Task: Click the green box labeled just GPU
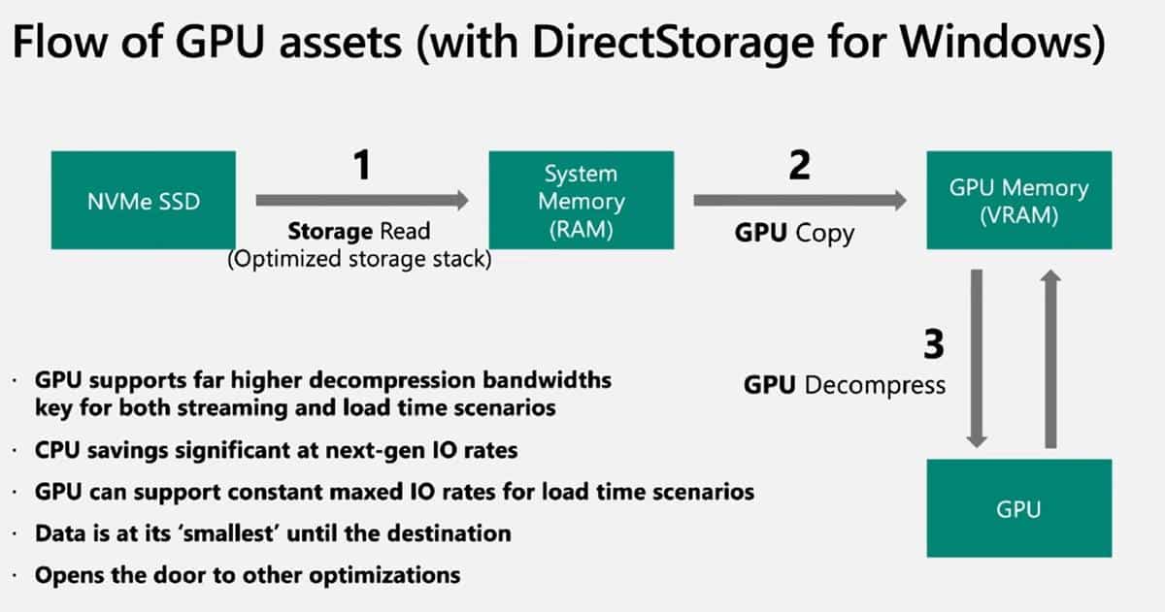point(1018,508)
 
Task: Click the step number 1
point(361,166)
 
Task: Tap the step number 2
point(799,166)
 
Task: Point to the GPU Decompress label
point(844,385)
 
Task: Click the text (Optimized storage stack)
point(359,260)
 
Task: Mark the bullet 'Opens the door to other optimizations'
point(247,574)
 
